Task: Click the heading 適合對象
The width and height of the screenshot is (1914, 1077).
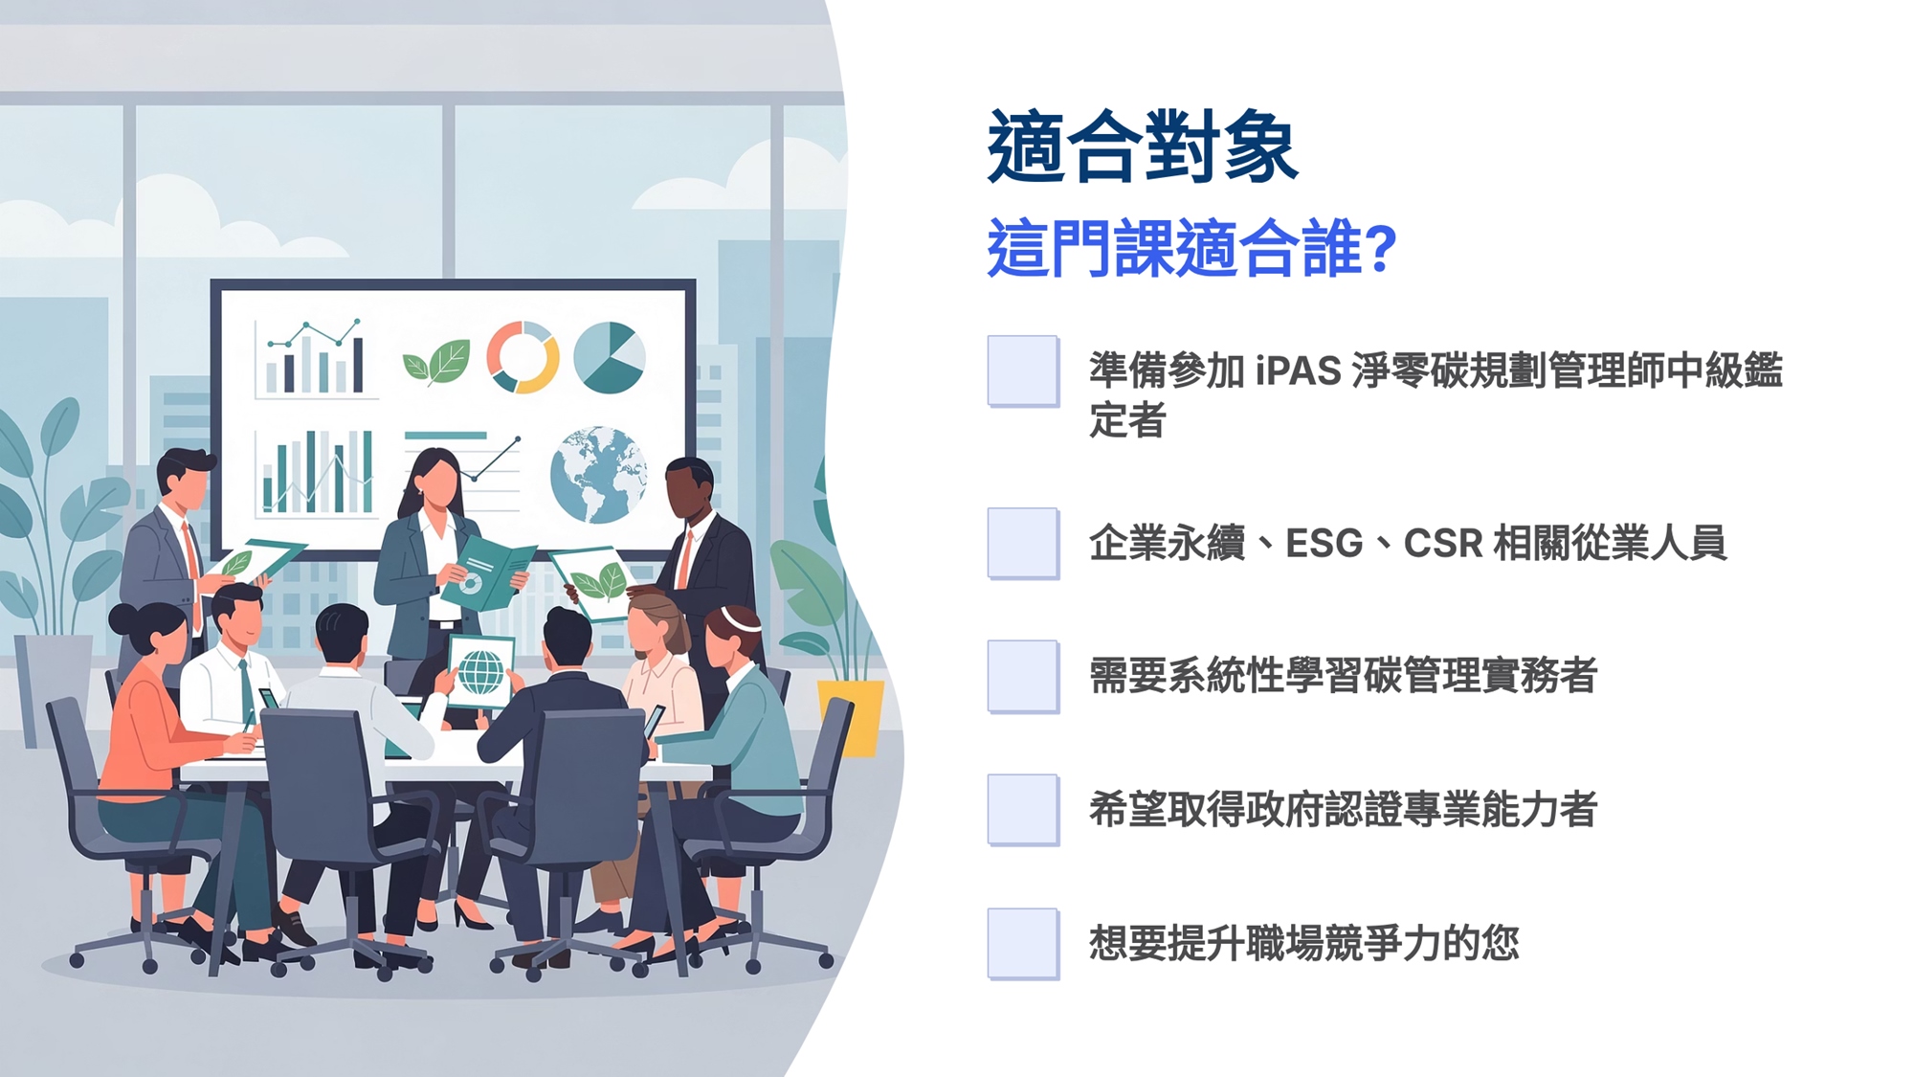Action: (x=1143, y=146)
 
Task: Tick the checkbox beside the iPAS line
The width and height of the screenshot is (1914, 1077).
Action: (x=1023, y=371)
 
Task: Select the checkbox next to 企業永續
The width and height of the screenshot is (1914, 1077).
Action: (x=1023, y=543)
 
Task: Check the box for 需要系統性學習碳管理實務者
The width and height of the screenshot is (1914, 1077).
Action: (x=1023, y=676)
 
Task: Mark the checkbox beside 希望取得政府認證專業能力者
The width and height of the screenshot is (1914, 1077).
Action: (x=1023, y=810)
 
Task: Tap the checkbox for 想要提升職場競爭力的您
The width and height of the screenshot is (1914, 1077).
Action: (x=1023, y=944)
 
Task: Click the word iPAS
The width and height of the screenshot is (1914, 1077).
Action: (x=1299, y=371)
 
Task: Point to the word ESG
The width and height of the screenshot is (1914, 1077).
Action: (x=1324, y=544)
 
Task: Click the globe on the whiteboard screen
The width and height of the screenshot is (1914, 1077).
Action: (x=598, y=475)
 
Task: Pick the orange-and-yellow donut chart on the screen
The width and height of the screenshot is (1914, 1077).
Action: (x=523, y=357)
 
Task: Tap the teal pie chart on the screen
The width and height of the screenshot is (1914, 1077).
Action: (x=610, y=357)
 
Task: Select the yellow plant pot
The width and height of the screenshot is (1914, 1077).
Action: (x=851, y=716)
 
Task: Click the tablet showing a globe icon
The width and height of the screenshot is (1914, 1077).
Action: (x=480, y=671)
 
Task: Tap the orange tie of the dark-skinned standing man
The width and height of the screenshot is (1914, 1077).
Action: (x=685, y=560)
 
